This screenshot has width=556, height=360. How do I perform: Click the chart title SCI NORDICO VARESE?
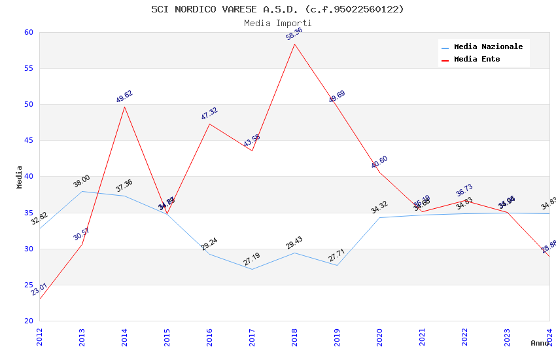(277, 9)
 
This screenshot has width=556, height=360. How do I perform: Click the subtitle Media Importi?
(277, 24)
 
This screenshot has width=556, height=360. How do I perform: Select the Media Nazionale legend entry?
(488, 47)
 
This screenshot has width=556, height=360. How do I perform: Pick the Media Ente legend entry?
(477, 60)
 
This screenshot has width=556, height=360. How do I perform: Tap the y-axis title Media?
(20, 177)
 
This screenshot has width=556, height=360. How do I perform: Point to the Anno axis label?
(540, 343)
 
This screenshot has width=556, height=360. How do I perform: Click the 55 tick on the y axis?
(28, 68)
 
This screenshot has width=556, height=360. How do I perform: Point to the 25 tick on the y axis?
(28, 285)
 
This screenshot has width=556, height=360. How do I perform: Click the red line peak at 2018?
(294, 44)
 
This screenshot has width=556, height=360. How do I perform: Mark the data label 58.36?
(294, 34)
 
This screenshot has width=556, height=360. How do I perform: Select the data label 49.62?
(124, 97)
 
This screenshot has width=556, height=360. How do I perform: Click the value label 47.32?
(209, 113)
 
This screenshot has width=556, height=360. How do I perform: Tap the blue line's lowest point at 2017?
(252, 269)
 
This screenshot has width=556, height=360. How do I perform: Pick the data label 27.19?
(252, 259)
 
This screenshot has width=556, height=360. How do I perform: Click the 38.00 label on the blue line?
(82, 181)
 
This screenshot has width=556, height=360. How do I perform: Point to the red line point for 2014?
(124, 107)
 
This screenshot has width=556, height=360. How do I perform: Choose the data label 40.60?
(379, 162)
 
